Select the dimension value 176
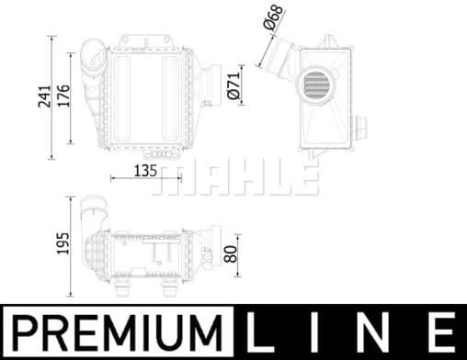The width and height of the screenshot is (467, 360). tap(63, 93)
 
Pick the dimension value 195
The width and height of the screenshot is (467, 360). tap(63, 242)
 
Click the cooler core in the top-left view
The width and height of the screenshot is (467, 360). tap(146, 96)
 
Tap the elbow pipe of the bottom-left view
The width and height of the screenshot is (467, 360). tap(92, 217)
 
